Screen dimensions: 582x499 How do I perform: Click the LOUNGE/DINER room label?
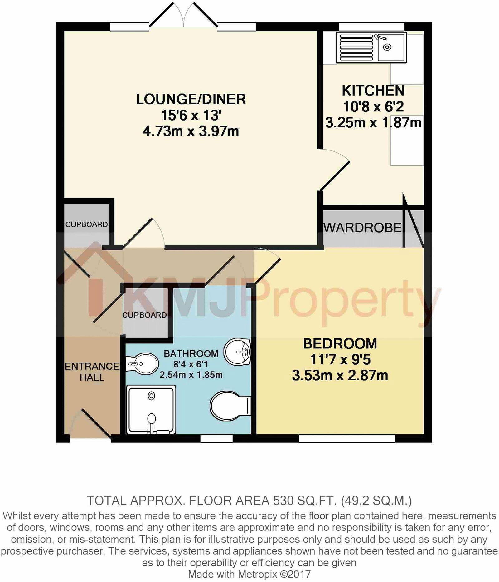191,99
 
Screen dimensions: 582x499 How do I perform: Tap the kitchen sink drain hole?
387,47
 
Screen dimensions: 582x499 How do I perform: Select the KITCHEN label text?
373,91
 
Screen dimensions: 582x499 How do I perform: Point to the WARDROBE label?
362,228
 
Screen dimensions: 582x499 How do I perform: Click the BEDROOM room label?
340,344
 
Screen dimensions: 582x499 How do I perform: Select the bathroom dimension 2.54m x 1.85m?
191,375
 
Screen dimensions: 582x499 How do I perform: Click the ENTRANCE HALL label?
92,372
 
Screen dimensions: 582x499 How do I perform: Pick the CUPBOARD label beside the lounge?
86,224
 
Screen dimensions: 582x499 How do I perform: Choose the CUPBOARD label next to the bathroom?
144,315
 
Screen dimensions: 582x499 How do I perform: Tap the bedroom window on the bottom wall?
346,439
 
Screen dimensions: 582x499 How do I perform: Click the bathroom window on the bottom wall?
216,439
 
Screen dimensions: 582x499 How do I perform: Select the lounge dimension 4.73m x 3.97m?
191,131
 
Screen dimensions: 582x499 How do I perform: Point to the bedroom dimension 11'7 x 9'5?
340,360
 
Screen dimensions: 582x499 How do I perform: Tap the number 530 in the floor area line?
282,501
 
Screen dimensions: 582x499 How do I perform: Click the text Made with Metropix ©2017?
249,574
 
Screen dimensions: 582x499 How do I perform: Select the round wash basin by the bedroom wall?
238,352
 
